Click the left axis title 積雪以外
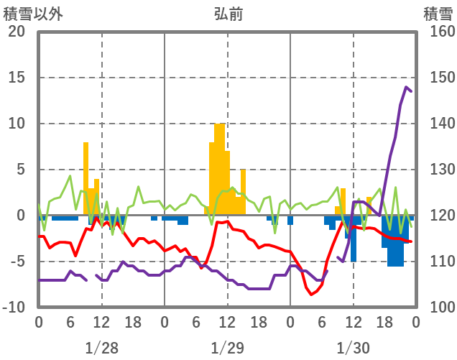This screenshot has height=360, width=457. click(28, 14)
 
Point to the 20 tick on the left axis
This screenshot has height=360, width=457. click(17, 32)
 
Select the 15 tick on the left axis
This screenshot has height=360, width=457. click(17, 78)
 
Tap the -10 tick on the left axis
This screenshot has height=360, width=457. click(14, 308)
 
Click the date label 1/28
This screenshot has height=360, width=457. click(101, 348)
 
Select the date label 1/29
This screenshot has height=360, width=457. click(227, 348)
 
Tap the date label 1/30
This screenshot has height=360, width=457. click(353, 348)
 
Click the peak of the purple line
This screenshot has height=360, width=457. click(406, 88)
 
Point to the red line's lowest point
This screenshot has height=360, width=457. click(312, 295)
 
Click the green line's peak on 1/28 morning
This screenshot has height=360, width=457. click(70, 176)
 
